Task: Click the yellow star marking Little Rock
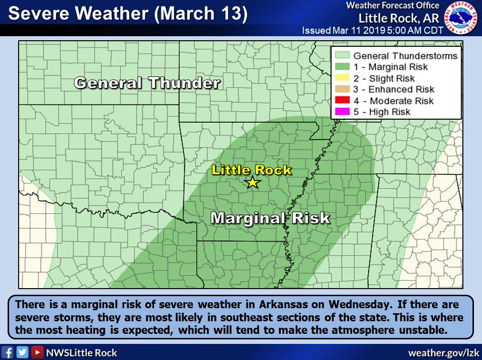(x=252, y=183)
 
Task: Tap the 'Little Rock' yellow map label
(x=252, y=170)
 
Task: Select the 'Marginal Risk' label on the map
(x=270, y=218)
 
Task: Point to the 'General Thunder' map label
(x=147, y=83)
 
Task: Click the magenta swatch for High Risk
(x=342, y=112)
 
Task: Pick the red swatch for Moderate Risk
(x=342, y=101)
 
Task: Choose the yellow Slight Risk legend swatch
(x=342, y=78)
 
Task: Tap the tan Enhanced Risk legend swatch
(x=342, y=89)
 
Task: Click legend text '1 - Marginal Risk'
(x=390, y=67)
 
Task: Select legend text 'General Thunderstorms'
(x=406, y=56)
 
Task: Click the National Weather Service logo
(x=462, y=18)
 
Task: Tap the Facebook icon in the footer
(x=9, y=352)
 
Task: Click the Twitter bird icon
(x=23, y=352)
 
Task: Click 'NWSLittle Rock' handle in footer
(x=82, y=352)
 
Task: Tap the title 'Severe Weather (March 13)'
(x=128, y=14)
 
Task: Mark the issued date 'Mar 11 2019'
(x=358, y=31)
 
